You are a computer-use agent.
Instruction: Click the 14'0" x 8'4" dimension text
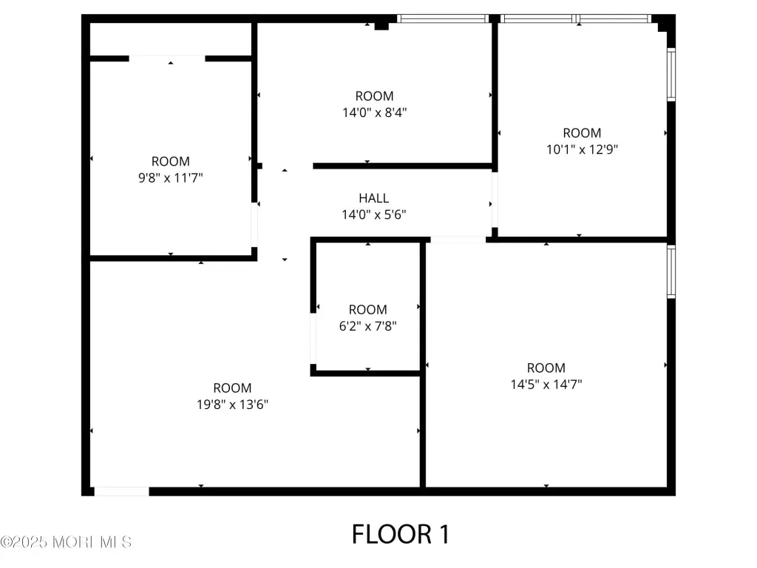pos(375,112)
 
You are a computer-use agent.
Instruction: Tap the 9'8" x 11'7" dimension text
pos(171,177)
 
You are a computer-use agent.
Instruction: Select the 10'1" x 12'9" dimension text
pos(582,149)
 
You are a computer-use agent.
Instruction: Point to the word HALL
pos(373,198)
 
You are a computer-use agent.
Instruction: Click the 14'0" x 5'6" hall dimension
pos(374,214)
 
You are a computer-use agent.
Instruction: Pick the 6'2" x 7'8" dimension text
pos(368,326)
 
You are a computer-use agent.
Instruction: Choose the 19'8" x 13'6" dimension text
pos(232,405)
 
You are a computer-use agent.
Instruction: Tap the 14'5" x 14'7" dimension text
pos(546,385)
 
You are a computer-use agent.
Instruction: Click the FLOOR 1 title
pos(401,534)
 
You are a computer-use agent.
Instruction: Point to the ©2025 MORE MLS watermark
pos(66,542)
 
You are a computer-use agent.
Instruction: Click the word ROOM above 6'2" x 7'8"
pos(368,310)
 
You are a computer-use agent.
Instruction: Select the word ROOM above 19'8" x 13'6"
pos(232,388)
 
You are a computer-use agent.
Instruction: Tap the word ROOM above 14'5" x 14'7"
pos(546,368)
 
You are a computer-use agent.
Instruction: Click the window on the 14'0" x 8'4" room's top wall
pos(443,18)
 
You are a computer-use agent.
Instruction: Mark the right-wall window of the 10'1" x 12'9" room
pos(671,75)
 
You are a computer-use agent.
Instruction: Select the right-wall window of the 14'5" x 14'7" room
pos(671,271)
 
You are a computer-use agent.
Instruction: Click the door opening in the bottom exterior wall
pos(121,491)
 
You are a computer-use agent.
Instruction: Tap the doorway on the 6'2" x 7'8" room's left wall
pos(313,339)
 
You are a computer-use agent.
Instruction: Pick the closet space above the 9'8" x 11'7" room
pos(171,39)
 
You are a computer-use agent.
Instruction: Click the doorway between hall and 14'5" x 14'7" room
pos(458,240)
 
